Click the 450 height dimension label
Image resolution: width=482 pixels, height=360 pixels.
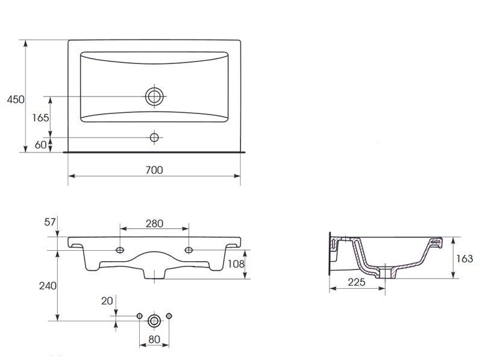pos(16,99)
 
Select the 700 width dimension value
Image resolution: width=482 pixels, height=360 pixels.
pos(154,170)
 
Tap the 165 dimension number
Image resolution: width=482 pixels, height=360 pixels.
pos(40,118)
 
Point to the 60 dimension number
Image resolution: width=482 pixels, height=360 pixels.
pos(40,145)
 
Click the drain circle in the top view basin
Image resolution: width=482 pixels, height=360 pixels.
pos(154,96)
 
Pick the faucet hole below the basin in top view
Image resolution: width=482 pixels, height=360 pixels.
pos(154,137)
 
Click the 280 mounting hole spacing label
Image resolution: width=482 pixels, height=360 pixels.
pos(154,223)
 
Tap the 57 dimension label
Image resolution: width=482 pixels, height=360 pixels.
pos(50,222)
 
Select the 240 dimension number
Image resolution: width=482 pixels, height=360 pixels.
pos(48,286)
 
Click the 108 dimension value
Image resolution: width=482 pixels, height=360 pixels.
pos(236,264)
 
